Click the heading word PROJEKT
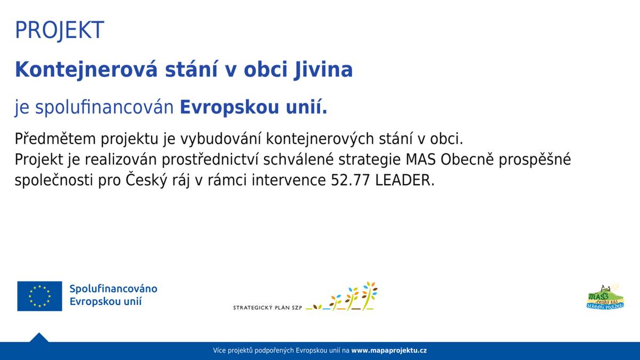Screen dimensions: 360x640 [x=59, y=30]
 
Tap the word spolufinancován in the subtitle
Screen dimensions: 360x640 [x=105, y=108]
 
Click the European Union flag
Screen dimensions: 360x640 [x=39, y=296]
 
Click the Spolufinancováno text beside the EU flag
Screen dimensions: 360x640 [x=113, y=289]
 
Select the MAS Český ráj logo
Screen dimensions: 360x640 [x=605, y=297]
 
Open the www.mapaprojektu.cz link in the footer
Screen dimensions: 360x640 [x=388, y=351]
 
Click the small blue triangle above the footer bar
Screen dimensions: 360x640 [x=39, y=338]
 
